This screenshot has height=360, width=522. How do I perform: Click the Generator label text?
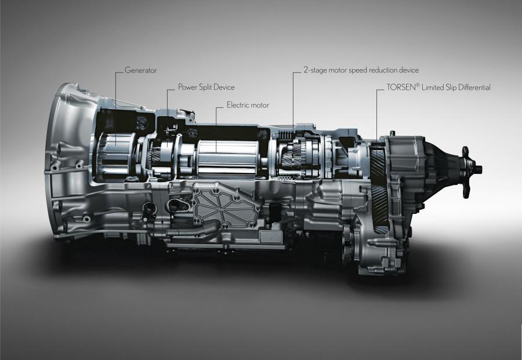140,70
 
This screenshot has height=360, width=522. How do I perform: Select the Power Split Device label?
206,87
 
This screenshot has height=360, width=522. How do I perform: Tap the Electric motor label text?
248,105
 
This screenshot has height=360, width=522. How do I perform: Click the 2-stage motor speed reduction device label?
361,70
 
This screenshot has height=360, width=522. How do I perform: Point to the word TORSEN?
401,88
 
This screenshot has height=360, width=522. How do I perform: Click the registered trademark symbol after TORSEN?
418,85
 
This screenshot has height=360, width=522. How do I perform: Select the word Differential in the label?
474,88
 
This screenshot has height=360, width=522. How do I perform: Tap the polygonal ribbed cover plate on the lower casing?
226,207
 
